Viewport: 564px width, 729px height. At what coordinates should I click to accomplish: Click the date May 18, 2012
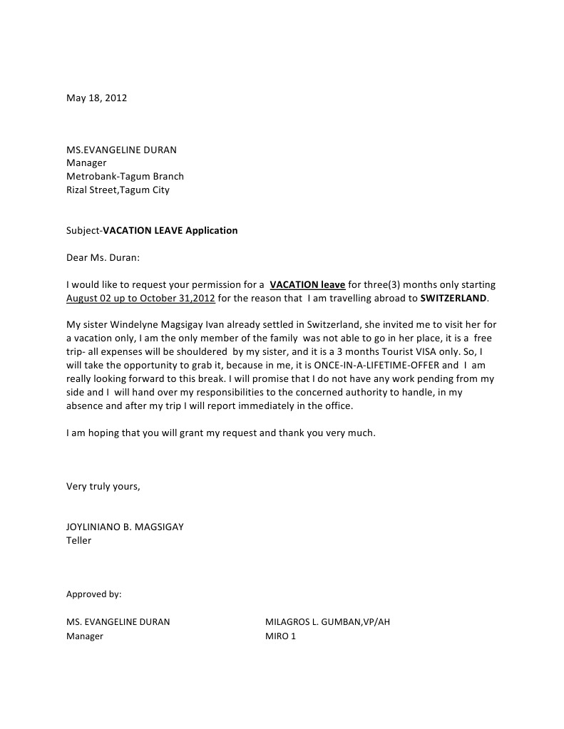coord(96,98)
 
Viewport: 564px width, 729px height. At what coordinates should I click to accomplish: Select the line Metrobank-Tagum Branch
coord(125,176)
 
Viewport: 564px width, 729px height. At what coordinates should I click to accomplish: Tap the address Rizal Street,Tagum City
coord(118,190)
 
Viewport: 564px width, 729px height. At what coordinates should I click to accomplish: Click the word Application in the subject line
coord(212,230)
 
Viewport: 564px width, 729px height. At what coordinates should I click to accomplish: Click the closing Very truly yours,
coord(103,486)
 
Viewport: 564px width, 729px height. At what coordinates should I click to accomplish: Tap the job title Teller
coord(78,540)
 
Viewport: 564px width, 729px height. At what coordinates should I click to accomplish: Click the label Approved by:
coord(93,593)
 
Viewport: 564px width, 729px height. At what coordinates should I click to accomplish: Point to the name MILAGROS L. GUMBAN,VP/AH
coord(327,621)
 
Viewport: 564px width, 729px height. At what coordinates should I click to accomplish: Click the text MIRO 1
coord(280,636)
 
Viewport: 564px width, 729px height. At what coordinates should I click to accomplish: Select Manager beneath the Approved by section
coord(85,636)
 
